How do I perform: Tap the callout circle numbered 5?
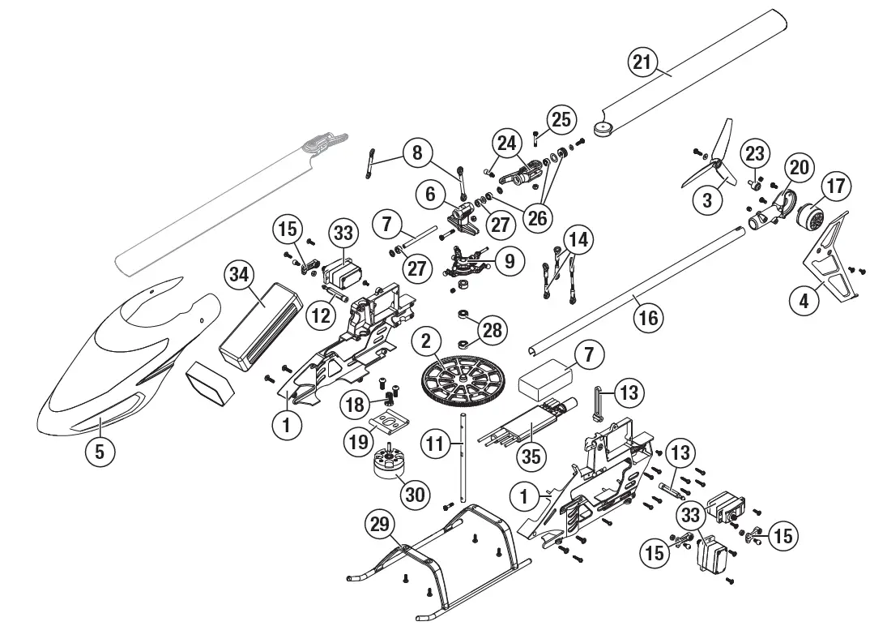(100, 450)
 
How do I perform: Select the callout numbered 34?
(238, 275)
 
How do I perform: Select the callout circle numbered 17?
(835, 186)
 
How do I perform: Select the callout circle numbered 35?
(531, 456)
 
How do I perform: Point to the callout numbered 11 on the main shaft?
(436, 444)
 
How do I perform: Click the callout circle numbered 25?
(561, 119)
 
